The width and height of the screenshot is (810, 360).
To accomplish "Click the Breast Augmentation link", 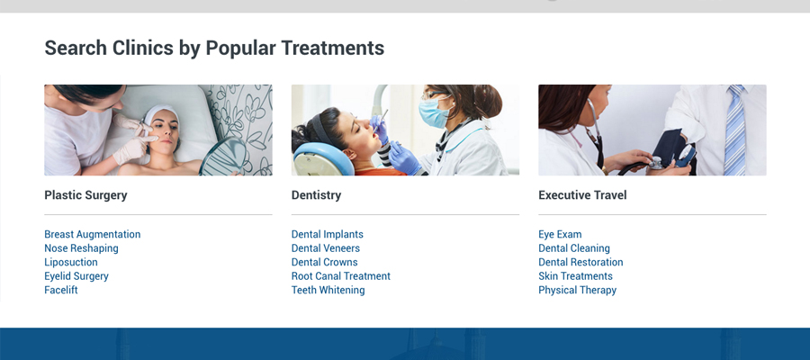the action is pos(93,235).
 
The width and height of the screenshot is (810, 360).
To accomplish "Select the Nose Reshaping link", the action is pos(81,248).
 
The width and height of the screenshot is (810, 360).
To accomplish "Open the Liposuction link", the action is pos(71,263).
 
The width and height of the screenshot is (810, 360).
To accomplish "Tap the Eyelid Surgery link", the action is pos(76,276).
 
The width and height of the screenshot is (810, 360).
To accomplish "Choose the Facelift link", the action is pos(61,291).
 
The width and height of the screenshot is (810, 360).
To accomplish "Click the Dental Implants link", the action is pos(328,235).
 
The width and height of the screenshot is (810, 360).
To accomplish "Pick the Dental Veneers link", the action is pos(326,248).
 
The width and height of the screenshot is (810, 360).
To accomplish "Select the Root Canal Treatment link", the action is pos(341,276).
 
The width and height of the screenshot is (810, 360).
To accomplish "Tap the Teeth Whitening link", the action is pos(328,291).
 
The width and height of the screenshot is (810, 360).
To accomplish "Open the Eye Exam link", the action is pos(560,235).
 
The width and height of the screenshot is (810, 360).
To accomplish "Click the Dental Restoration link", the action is pos(580,263).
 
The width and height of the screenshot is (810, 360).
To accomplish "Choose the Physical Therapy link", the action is pos(578,291).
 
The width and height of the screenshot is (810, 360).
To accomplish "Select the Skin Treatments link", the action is pos(575,276).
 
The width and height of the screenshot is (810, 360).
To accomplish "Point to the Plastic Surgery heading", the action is pos(85,195).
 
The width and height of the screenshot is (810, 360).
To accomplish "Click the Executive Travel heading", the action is pos(582,195).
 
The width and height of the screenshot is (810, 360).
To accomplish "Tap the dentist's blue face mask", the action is pos(433,113).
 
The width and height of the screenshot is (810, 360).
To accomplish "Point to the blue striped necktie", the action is pos(734,130).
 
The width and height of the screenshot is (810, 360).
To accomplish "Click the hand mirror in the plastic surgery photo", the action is pos(222,157).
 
